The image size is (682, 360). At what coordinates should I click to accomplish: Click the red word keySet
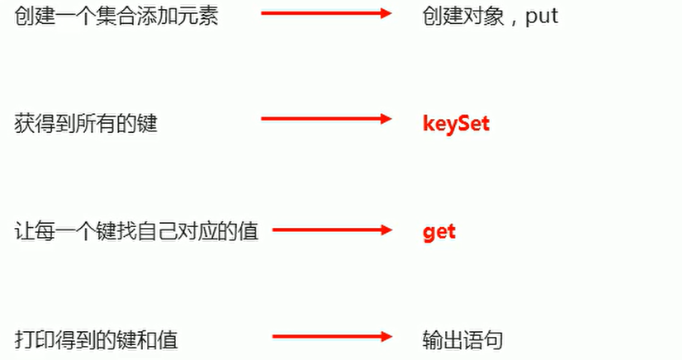coord(456,124)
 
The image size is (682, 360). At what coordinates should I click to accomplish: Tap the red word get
coord(439,232)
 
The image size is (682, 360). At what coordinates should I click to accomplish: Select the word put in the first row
coord(542,16)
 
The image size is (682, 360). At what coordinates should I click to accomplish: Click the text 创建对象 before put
coord(462,16)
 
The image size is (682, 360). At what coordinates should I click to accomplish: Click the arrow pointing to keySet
coord(325,120)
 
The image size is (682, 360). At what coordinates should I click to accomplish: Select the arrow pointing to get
coord(330,229)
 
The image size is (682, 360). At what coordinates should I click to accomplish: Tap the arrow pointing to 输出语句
coord(330,336)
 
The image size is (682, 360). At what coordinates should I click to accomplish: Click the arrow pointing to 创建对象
coord(325,12)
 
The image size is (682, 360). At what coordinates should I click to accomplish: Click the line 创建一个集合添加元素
coord(116,16)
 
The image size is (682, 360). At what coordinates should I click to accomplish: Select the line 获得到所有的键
coord(86,125)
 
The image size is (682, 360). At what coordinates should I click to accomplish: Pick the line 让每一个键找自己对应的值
coord(137,232)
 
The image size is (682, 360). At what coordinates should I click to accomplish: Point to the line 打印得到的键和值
coord(97,339)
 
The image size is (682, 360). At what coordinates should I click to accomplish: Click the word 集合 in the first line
coord(116,16)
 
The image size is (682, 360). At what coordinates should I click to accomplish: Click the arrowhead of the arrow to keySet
coord(384,120)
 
